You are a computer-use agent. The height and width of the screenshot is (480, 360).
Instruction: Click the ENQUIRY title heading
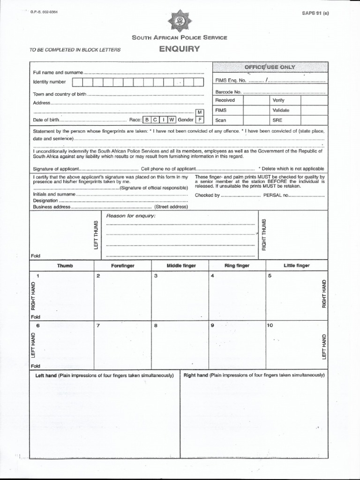pyautogui.click(x=180, y=48)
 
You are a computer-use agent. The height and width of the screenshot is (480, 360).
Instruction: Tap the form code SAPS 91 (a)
pyautogui.click(x=315, y=13)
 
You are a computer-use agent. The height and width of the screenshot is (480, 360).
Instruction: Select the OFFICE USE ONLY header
pyautogui.click(x=270, y=67)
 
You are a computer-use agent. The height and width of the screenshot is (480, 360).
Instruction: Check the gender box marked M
pyautogui.click(x=200, y=112)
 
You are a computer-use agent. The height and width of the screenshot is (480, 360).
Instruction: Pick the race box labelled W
pyautogui.click(x=172, y=120)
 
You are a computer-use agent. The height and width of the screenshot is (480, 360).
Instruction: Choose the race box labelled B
pyautogui.click(x=147, y=120)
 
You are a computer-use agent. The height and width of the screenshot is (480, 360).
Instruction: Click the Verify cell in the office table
pyautogui.click(x=278, y=100)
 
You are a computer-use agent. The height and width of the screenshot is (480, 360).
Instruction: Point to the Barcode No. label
pyautogui.click(x=228, y=92)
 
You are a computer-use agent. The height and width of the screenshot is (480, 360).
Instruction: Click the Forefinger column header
pyautogui.click(x=123, y=266)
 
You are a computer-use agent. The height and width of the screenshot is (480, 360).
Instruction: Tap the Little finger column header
pyautogui.click(x=296, y=266)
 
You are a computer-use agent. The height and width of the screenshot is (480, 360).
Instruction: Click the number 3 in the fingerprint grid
pyautogui.click(x=156, y=276)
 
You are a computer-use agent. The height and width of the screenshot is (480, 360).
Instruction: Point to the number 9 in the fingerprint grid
pyautogui.click(x=212, y=325)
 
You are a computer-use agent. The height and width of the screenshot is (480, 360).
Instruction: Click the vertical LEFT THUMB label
pyautogui.click(x=96, y=234)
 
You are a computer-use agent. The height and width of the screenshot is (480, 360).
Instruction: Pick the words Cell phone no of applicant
pyautogui.click(x=165, y=169)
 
